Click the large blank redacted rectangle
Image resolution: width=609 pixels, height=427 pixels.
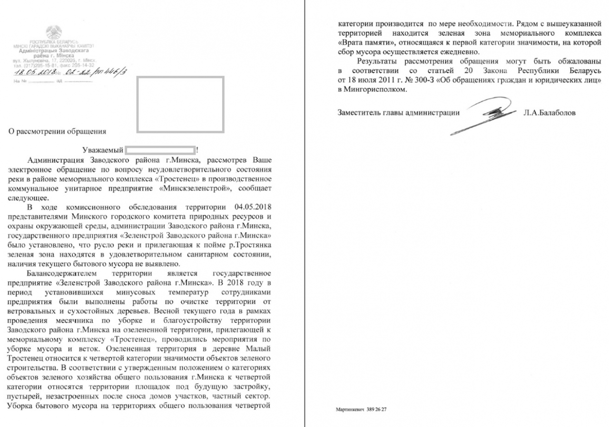(x=180, y=104)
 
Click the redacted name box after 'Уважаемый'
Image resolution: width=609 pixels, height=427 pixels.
(x=160, y=150)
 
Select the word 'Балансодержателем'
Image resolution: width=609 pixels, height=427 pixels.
(x=62, y=274)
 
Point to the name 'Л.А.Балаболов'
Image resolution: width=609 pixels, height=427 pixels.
(x=549, y=114)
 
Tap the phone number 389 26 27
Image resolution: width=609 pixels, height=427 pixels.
(x=376, y=408)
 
